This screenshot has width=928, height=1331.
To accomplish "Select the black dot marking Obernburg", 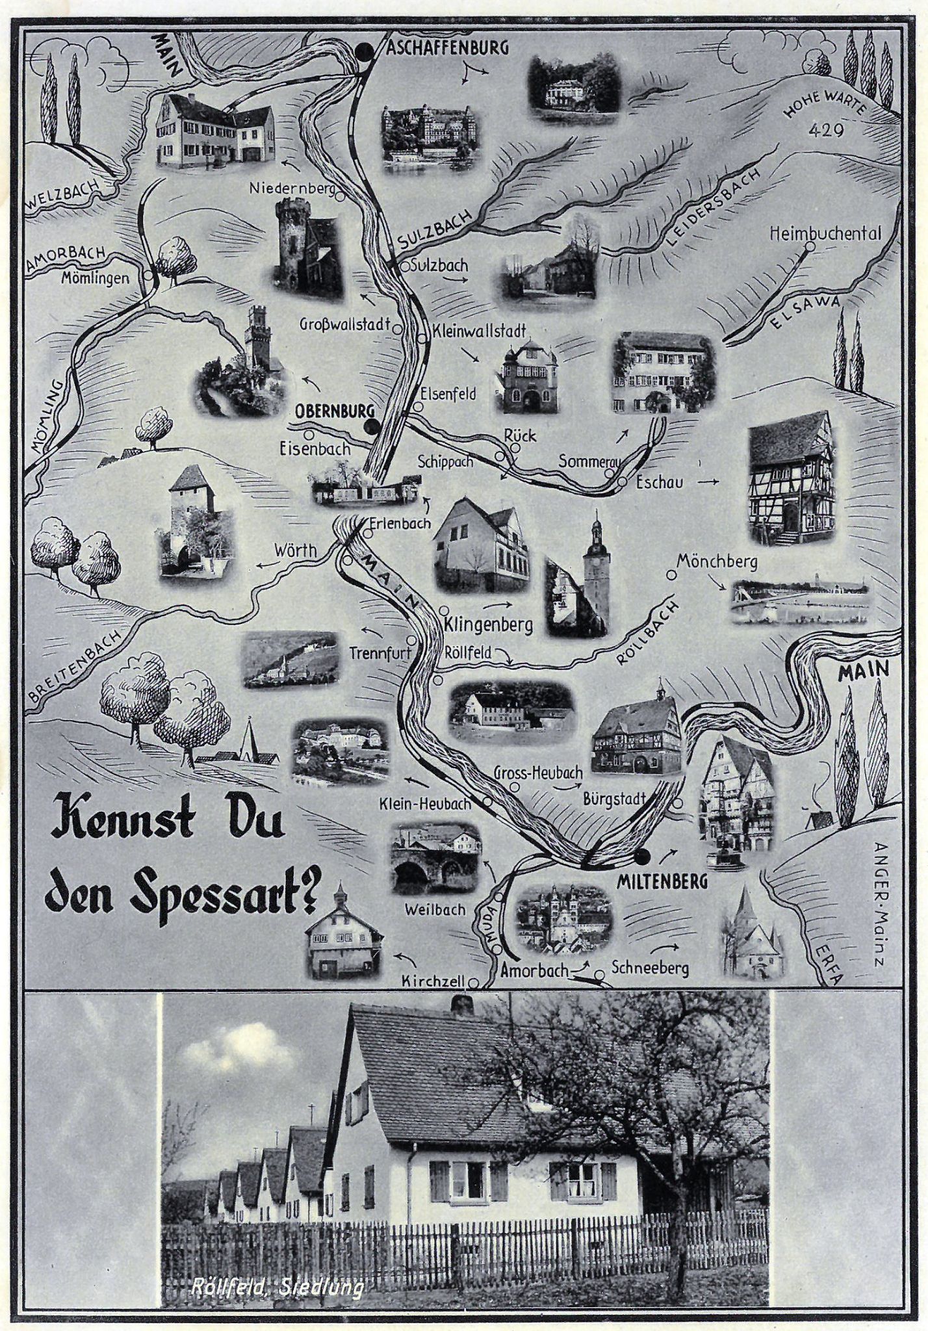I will pos(371,427).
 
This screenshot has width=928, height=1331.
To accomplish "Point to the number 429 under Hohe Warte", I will pos(826,131).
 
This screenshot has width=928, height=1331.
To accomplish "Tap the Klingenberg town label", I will pos(489,625).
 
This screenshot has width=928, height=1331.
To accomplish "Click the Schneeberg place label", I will pos(650,968).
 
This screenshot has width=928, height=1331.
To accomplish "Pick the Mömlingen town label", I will pos(96,278).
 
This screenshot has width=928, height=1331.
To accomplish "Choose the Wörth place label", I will pos(296,550).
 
